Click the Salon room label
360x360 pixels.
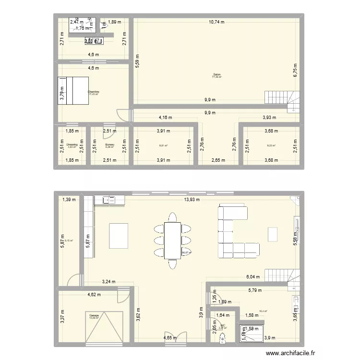(x=217, y=74)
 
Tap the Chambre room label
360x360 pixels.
(x=94, y=91)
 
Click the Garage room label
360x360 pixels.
(x=94, y=315)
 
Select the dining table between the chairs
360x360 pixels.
(x=172, y=240)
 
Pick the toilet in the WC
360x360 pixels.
(x=221, y=339)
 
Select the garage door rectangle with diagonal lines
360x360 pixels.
(x=104, y=325)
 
